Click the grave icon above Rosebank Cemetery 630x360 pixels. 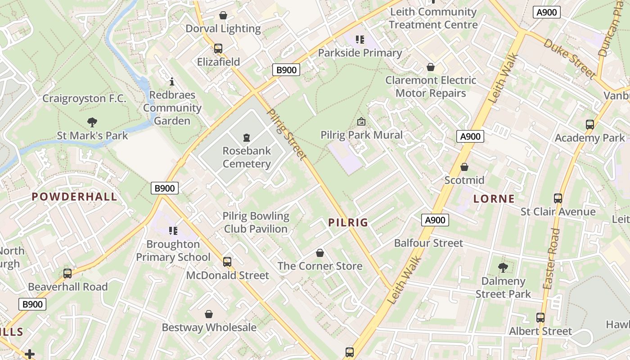(246, 137)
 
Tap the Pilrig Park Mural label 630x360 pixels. (361, 135)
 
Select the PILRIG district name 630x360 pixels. (348, 222)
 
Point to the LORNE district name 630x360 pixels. (494, 198)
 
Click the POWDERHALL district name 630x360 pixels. (74, 196)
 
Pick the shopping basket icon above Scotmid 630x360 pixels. (464, 167)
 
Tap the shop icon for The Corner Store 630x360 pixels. (320, 253)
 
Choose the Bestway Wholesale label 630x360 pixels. (209, 327)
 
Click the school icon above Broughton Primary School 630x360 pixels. (173, 231)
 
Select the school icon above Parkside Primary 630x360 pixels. (360, 40)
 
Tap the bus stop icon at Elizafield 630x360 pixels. (218, 48)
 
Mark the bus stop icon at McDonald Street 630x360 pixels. (227, 261)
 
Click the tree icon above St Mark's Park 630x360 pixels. (92, 122)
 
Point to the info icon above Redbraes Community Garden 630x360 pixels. (171, 81)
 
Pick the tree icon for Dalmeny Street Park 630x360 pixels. (503, 268)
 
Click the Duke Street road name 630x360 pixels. (569, 58)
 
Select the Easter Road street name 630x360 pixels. (551, 259)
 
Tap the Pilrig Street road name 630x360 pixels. (287, 134)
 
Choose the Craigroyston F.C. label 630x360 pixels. (84, 99)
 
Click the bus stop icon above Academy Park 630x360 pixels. (589, 125)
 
